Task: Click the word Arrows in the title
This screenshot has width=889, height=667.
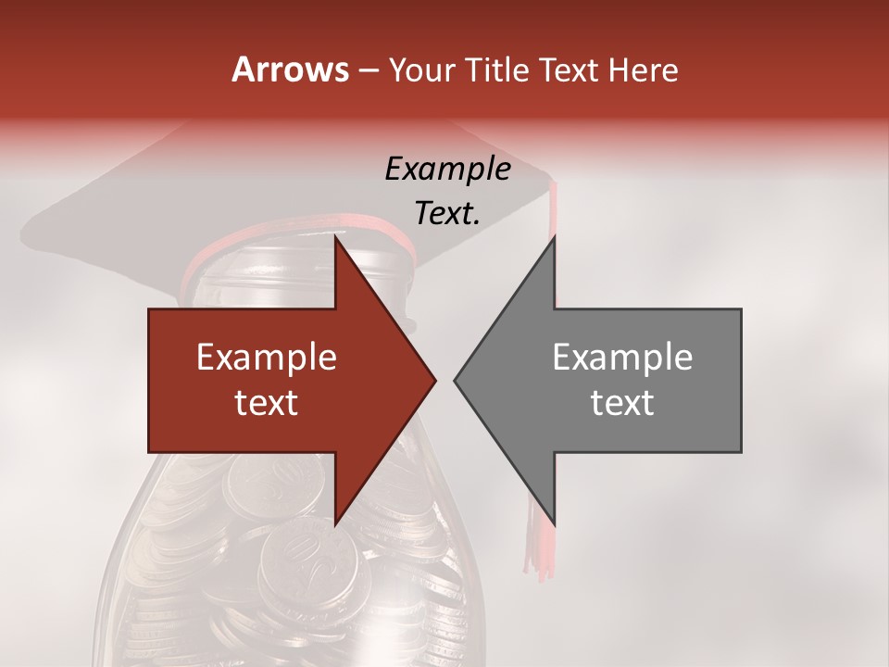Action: pyautogui.click(x=291, y=69)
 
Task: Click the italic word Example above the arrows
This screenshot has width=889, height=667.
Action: pyautogui.click(x=447, y=169)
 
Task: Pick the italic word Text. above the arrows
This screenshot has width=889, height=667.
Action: pyautogui.click(x=447, y=214)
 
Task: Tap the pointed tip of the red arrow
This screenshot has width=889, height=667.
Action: pyautogui.click(x=432, y=380)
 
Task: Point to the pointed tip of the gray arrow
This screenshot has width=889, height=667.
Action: pyautogui.click(x=457, y=380)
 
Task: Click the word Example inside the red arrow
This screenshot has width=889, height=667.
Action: pyautogui.click(x=267, y=358)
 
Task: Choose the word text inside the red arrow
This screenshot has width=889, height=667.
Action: pyautogui.click(x=267, y=403)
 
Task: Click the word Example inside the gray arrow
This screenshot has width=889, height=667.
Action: pyautogui.click(x=622, y=358)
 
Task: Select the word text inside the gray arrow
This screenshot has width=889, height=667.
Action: pyautogui.click(x=622, y=403)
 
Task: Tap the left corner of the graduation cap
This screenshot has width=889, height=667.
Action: pyautogui.click(x=28, y=227)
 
